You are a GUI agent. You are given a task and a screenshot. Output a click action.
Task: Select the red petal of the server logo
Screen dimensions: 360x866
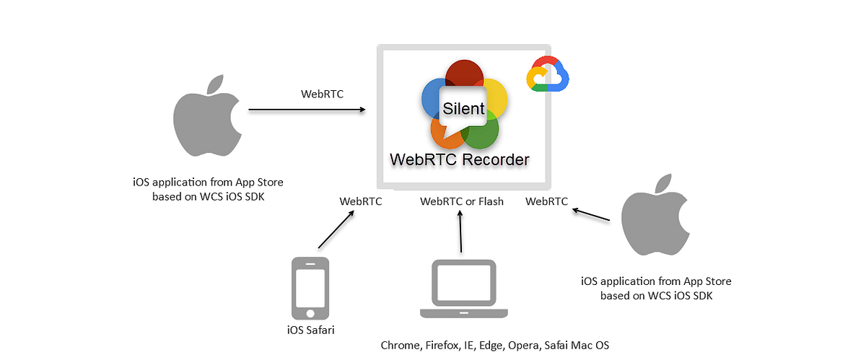[463, 74]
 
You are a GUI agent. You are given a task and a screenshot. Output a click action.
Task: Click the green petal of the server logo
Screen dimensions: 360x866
[484, 133]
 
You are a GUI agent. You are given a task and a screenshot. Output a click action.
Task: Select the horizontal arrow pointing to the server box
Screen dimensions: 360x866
[307, 110]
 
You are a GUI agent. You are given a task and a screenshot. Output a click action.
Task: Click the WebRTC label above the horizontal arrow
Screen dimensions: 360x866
[323, 94]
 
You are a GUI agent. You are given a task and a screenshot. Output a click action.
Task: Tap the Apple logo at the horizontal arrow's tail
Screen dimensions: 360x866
[206, 119]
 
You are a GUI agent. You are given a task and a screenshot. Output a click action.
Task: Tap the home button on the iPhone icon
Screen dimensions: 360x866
[310, 313]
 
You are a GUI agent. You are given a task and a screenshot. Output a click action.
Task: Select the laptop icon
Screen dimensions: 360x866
[462, 289]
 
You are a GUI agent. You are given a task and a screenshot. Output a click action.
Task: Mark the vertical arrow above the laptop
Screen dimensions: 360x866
[460, 232]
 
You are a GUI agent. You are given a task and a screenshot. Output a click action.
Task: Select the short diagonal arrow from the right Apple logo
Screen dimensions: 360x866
[595, 214]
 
